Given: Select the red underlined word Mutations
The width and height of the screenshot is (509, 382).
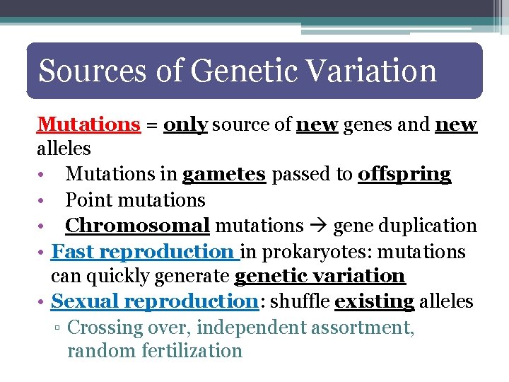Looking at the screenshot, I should pos(88,125).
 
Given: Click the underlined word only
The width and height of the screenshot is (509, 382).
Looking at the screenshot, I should pos(185,125).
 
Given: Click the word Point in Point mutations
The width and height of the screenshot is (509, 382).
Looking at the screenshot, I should pos(88,200).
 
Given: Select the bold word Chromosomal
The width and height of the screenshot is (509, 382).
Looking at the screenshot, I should pos(137,226).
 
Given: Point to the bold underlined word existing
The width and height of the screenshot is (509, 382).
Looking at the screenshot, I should pos(374,302).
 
